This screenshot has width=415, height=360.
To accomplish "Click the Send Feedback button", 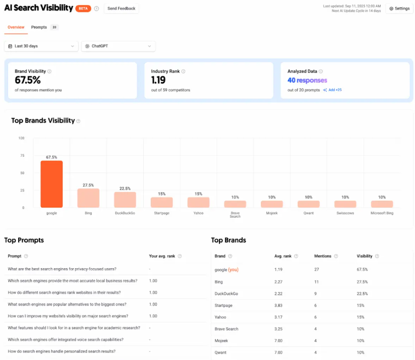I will point(122,8).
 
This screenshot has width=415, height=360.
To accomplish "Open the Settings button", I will point(399,8).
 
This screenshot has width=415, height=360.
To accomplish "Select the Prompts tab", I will point(39,27).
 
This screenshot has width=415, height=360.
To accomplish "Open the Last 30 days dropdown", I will point(41,46).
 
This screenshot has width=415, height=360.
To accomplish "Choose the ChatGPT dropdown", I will point(118,46).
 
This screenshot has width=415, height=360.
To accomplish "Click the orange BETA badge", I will point(83,8).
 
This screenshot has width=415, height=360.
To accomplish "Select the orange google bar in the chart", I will point(51,184).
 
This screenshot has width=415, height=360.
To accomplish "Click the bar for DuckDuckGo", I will point(125,199).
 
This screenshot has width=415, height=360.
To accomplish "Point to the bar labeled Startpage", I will point(161,202).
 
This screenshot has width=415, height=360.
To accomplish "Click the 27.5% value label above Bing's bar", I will point(88,185).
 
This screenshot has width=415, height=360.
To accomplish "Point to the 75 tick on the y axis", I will point(22,156).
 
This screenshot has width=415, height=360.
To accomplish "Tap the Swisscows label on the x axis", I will point(345,213).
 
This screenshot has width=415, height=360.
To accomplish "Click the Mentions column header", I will point(323,256).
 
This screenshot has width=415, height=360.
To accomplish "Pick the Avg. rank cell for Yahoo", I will point(278,317).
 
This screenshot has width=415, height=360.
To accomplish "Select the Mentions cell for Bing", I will point(317,282).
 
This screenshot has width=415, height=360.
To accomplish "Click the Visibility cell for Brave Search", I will point(361,329).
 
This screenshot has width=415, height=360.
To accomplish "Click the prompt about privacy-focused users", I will point(62,269).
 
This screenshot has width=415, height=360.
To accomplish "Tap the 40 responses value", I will point(307,80).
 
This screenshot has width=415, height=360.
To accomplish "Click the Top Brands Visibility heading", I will point(43,121).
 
